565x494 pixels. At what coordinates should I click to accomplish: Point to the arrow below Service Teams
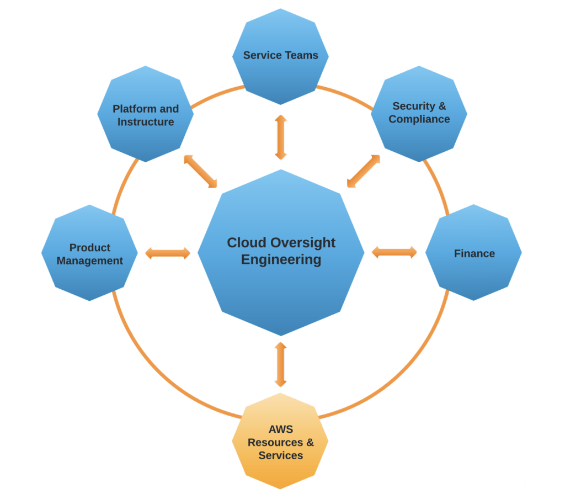pyautogui.click(x=281, y=137)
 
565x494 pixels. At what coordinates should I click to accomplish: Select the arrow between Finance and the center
pyautogui.click(x=394, y=252)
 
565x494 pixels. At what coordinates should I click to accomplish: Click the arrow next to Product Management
pyautogui.click(x=168, y=253)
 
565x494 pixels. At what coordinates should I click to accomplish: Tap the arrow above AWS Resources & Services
pyautogui.click(x=281, y=364)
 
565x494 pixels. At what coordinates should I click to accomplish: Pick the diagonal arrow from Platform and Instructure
pyautogui.click(x=200, y=171)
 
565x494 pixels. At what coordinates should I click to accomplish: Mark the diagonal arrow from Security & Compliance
pyautogui.click(x=364, y=171)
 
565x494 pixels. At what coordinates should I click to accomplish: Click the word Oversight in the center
pyautogui.click(x=304, y=243)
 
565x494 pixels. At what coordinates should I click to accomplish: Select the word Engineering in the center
pyautogui.click(x=281, y=259)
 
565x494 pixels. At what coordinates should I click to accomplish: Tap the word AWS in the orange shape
pyautogui.click(x=280, y=429)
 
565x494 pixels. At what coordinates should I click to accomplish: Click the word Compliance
pyautogui.click(x=419, y=119)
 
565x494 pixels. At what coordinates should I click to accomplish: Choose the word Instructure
pyautogui.click(x=146, y=122)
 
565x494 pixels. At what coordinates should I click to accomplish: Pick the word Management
pyautogui.click(x=90, y=261)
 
